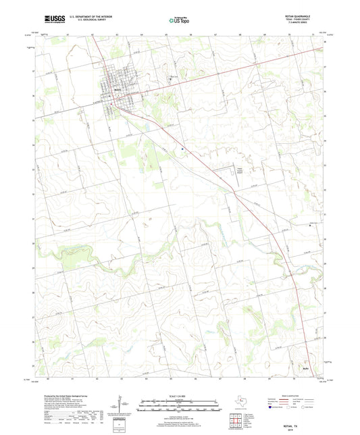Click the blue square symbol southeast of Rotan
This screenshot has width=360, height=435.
182,150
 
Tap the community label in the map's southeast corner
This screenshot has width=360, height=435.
306,369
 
